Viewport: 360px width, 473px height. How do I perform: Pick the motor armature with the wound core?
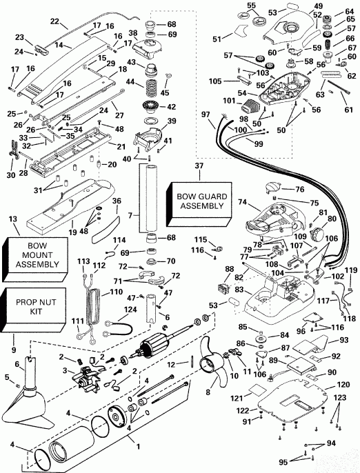click(170, 351)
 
